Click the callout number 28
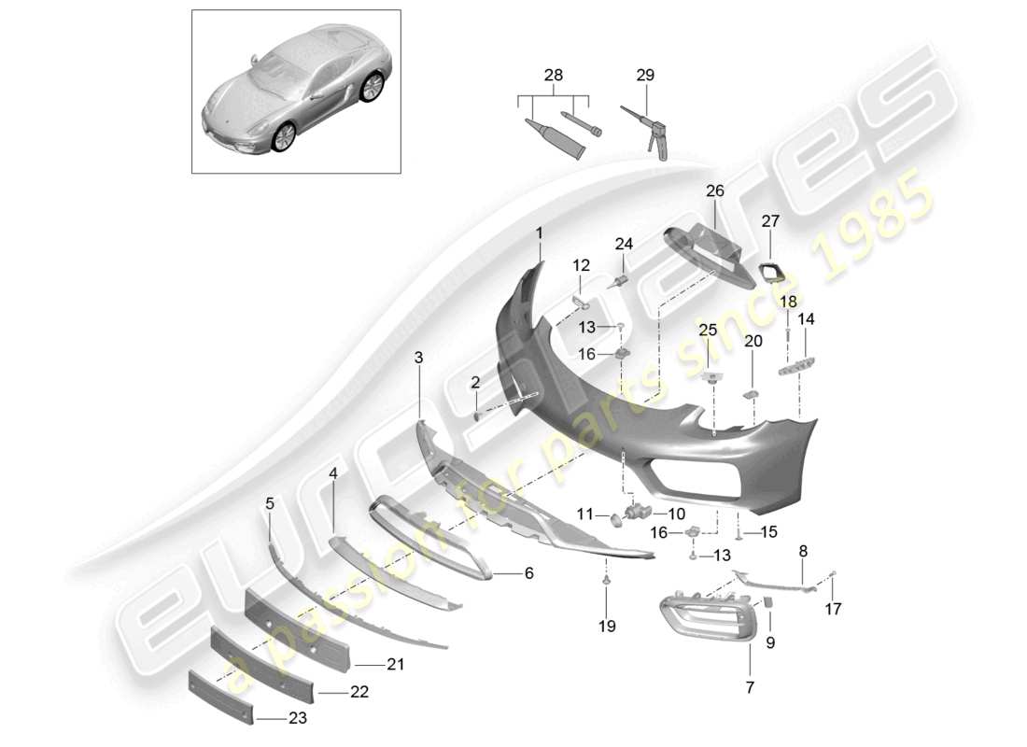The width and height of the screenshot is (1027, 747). [553, 74]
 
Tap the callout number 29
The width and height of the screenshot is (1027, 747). [645, 74]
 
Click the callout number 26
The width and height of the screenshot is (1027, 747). [715, 191]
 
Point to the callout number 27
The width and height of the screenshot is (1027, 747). [769, 221]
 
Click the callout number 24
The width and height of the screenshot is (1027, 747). [624, 245]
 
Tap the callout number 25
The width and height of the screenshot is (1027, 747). [708, 330]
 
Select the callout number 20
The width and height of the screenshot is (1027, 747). [753, 342]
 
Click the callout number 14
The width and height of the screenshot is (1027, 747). [805, 318]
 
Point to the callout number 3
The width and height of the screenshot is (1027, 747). [418, 358]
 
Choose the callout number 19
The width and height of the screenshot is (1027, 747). [607, 627]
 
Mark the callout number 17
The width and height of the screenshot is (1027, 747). [833, 610]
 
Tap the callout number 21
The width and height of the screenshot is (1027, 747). [394, 665]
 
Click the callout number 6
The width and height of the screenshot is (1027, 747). [528, 573]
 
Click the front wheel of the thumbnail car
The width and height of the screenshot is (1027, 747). [283, 136]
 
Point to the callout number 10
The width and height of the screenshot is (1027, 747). [676, 514]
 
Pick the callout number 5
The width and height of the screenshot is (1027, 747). [270, 503]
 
